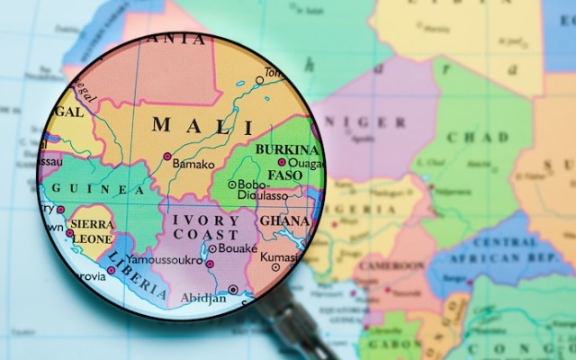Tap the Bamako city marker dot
pyautogui.click(x=167, y=157)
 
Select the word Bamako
pyautogui.click(x=195, y=165)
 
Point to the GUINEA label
pyautogui.click(x=98, y=189)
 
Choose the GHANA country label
pyautogui.click(x=284, y=221)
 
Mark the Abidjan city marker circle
pyautogui.click(x=233, y=290)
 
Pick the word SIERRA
pyautogui.click(x=93, y=224)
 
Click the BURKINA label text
pyautogui.click(x=287, y=149)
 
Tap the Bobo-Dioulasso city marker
pyautogui.click(x=231, y=184)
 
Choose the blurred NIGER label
pyautogui.click(x=359, y=122)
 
